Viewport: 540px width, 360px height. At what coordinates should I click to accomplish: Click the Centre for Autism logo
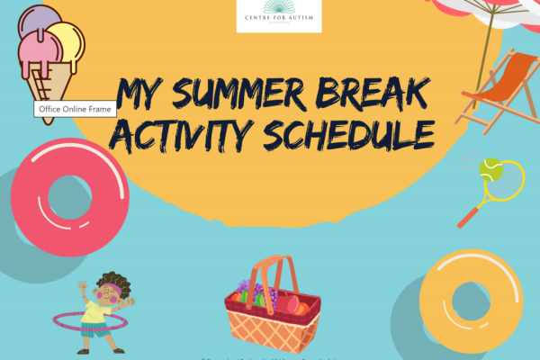tap(278, 16)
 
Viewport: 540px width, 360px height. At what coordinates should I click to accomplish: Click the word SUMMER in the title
tap(240, 93)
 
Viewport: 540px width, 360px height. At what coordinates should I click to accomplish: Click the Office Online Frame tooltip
tap(70, 109)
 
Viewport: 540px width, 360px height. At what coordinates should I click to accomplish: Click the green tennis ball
tap(491, 166)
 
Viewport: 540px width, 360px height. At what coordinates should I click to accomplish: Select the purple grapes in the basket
tap(257, 293)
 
